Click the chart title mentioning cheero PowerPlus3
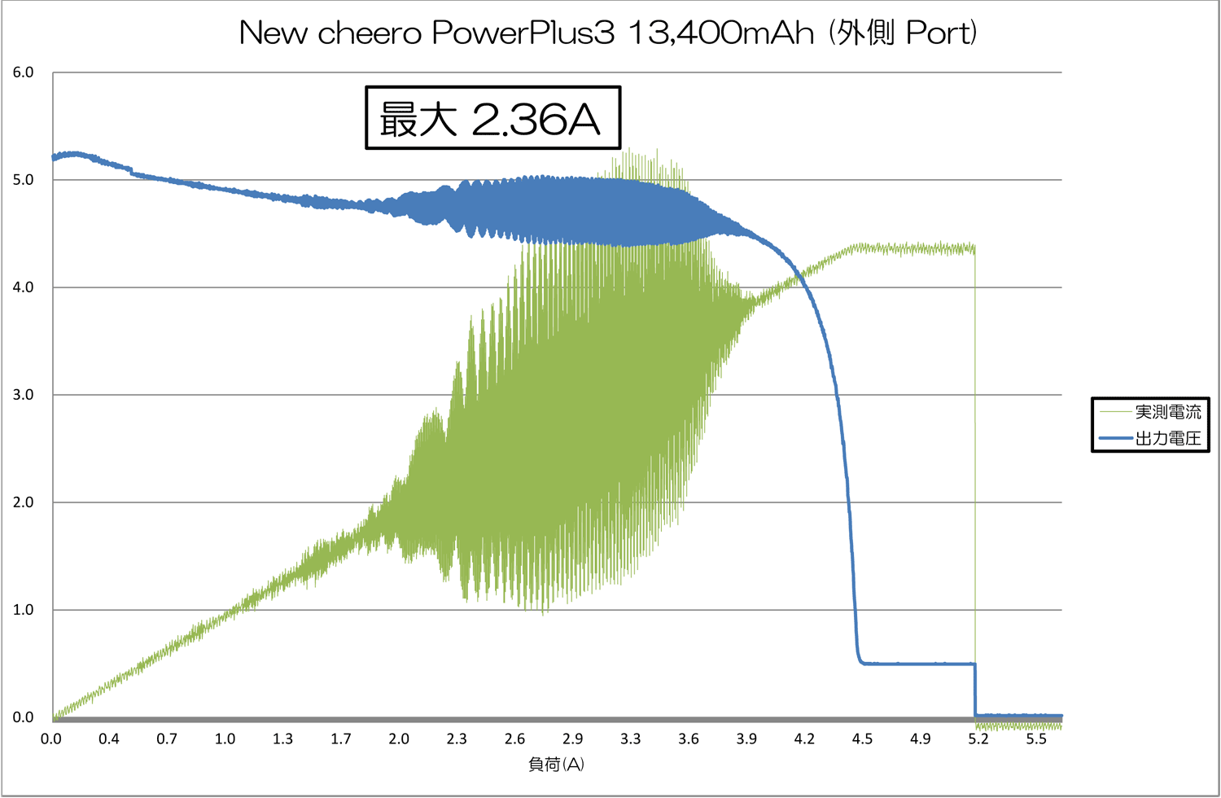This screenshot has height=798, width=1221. (x=607, y=33)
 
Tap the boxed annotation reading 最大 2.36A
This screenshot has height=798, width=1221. (x=492, y=119)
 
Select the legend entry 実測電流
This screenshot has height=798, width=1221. (x=1167, y=412)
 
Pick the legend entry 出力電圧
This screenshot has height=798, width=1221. (x=1167, y=438)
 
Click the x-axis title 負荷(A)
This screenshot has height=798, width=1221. (x=556, y=764)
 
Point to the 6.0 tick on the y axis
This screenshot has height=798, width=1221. (x=23, y=72)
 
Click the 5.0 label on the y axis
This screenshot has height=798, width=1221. (x=23, y=180)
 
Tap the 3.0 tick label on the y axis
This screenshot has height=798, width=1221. (x=23, y=395)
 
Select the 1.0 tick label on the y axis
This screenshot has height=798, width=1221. (x=23, y=610)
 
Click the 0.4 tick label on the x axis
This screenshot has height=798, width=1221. (x=109, y=739)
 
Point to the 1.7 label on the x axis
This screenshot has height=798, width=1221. (x=341, y=739)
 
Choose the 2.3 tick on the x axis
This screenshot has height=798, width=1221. (x=457, y=739)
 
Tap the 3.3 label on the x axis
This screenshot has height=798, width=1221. (x=631, y=739)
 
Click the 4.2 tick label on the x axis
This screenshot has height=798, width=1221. (x=804, y=739)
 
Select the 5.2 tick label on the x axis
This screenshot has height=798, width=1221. (x=978, y=739)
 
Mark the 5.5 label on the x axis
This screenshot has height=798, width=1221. (x=1036, y=739)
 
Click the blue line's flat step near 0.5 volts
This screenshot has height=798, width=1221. (x=920, y=664)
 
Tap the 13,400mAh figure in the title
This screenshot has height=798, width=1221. (x=721, y=33)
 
